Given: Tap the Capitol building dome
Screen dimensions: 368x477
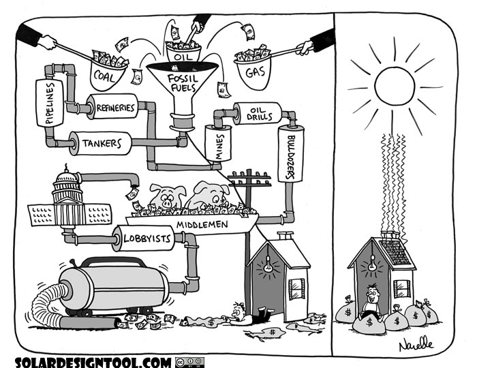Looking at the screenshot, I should [68, 183].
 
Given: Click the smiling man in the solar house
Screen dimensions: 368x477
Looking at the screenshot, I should [371, 300].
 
